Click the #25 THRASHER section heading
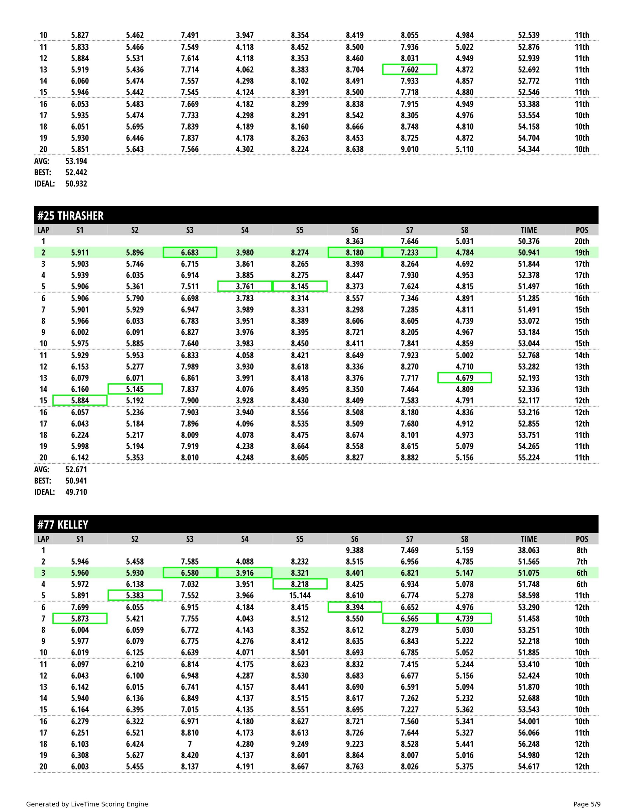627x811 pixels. click(70, 216)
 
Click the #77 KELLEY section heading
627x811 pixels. click(62, 525)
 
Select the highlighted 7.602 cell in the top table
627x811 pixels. click(410, 69)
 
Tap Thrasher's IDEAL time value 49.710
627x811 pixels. click(76, 492)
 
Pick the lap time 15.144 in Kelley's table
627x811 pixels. click(300, 596)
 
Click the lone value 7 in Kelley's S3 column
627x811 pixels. click(190, 744)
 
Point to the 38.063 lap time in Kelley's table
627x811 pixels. click(528, 550)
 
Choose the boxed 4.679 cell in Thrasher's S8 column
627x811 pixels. click(465, 378)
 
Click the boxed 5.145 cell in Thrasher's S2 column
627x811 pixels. click(135, 389)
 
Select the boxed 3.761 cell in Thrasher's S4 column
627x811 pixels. click(245, 286)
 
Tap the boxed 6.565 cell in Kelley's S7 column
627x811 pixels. click(410, 619)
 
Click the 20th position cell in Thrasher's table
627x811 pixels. click(582, 241)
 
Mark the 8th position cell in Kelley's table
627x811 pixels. click(582, 550)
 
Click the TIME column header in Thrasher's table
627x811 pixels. click(528, 230)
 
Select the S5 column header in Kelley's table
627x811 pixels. click(300, 539)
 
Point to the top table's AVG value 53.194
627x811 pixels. click(76, 161)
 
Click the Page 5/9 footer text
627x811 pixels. click(587, 804)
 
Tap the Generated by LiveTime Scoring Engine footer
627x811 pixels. click(87, 804)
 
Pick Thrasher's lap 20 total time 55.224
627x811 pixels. click(528, 457)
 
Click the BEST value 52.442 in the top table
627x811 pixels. click(76, 172)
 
